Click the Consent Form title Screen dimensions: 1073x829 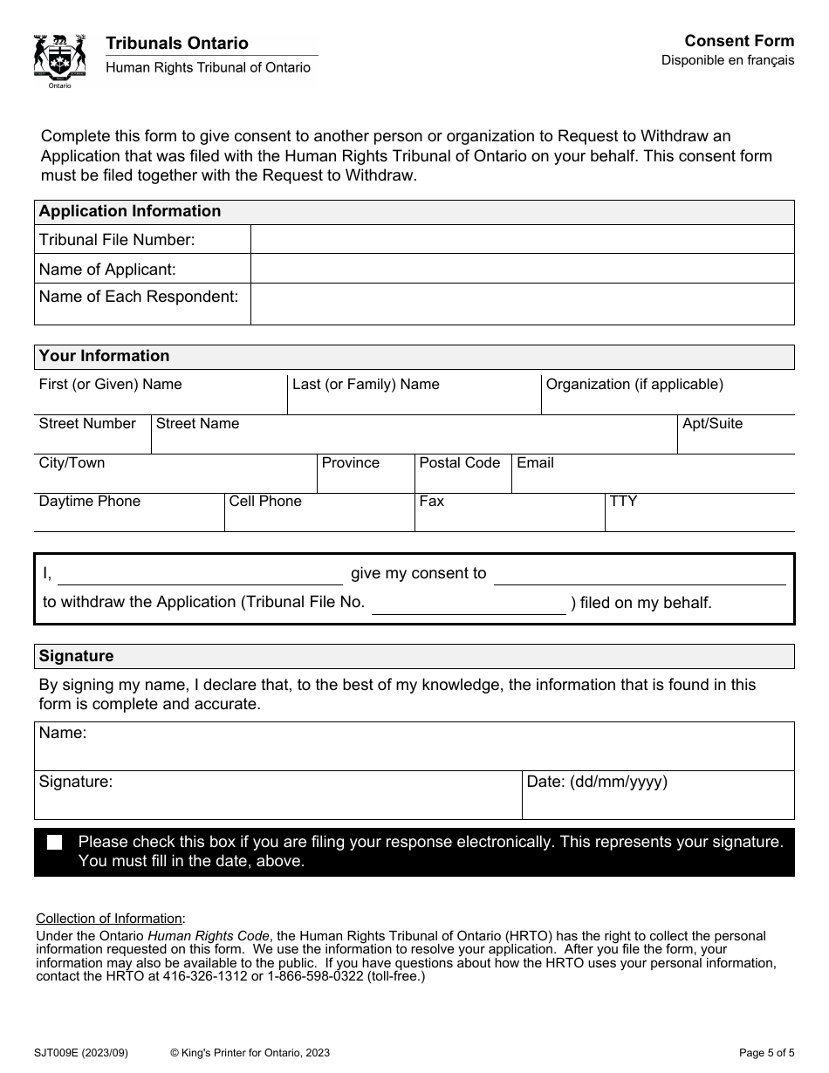click(739, 41)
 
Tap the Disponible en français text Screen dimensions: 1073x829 click(728, 60)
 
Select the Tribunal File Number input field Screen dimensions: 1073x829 click(522, 239)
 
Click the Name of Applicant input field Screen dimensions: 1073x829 click(522, 269)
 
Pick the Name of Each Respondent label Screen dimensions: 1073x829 click(139, 297)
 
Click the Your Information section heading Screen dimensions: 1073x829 click(105, 356)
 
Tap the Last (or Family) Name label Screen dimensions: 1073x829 click(366, 385)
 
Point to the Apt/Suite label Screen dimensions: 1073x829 click(712, 424)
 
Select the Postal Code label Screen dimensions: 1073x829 click(460, 463)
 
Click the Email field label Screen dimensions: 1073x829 click(535, 463)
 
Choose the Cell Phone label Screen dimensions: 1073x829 click(265, 502)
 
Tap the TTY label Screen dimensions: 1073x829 click(623, 502)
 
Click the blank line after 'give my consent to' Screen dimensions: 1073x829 click(640, 576)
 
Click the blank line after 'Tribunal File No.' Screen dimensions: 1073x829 click(469, 605)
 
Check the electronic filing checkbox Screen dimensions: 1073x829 click(55, 843)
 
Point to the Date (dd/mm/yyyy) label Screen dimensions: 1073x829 click(597, 783)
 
